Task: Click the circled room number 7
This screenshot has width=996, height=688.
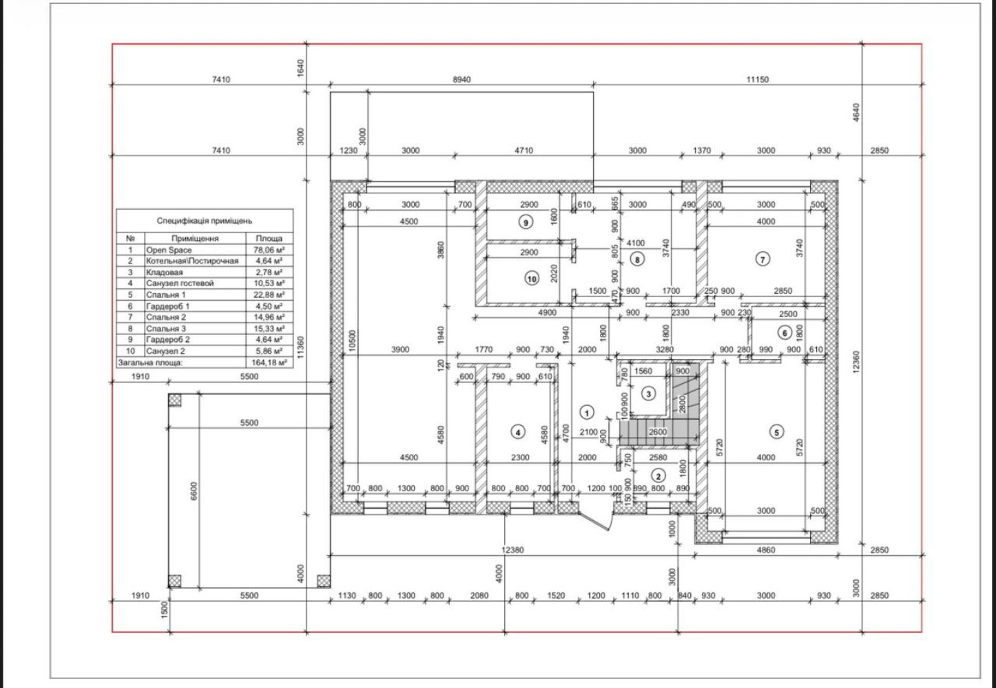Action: (x=762, y=259)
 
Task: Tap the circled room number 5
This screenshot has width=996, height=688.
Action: (x=776, y=432)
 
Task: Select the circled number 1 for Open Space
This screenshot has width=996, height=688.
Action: (x=587, y=413)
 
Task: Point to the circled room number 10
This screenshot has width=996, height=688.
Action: (x=531, y=279)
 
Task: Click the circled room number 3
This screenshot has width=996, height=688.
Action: (x=648, y=394)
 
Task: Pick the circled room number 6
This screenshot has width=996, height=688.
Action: (x=785, y=333)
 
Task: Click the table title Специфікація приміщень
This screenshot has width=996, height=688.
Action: (x=204, y=221)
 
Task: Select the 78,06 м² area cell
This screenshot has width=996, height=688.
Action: (x=269, y=250)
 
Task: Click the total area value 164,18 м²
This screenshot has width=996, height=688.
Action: (x=269, y=363)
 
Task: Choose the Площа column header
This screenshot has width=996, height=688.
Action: (x=269, y=239)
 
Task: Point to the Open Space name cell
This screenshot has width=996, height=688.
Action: (x=169, y=250)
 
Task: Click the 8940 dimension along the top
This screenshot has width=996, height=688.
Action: (x=461, y=80)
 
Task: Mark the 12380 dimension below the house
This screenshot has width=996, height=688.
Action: (x=512, y=550)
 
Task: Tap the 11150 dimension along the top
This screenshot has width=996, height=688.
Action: (x=757, y=80)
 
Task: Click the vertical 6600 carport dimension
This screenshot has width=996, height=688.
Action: (x=194, y=491)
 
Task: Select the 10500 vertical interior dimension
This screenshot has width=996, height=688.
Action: (x=352, y=341)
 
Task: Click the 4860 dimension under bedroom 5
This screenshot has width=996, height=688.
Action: (x=766, y=550)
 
